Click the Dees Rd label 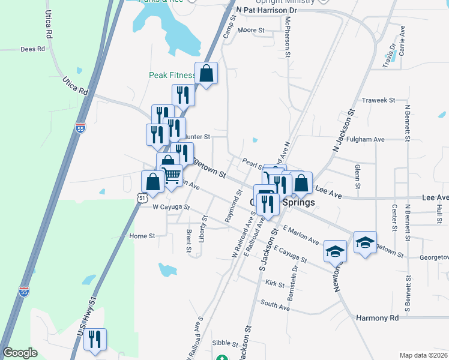pos(33,49)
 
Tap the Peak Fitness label pos(172,76)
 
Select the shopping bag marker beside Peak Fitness pos(206,74)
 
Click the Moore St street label pos(251,29)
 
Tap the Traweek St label pos(378,100)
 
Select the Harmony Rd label pos(377,317)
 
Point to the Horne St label pos(142,236)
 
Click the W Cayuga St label pos(171,207)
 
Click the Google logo pos(20,353)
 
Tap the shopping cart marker pos(172,175)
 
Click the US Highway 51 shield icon pos(141,197)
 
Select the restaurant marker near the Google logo pos(95,339)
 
